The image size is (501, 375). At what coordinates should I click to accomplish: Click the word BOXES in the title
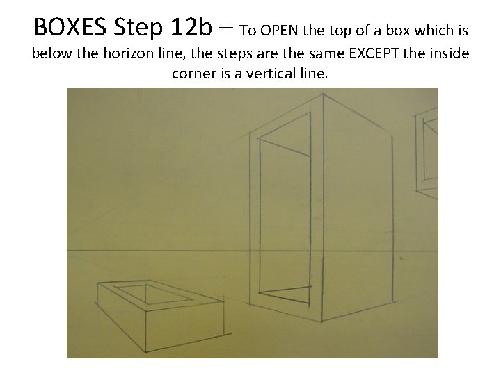tap(70, 27)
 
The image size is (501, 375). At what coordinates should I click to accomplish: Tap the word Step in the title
tap(138, 28)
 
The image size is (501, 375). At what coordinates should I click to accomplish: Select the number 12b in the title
tap(191, 27)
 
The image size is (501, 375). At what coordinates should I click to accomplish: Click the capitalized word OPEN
tap(279, 31)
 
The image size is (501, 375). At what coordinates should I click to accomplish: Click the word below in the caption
tap(51, 53)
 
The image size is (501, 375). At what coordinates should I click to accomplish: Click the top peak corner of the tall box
tap(323, 94)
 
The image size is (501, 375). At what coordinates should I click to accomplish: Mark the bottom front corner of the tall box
tap(321, 322)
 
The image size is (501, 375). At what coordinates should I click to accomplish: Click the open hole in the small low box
tap(152, 294)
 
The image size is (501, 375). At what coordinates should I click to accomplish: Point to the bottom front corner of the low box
tap(146, 351)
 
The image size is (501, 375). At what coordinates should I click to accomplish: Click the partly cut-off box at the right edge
tap(427, 152)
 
